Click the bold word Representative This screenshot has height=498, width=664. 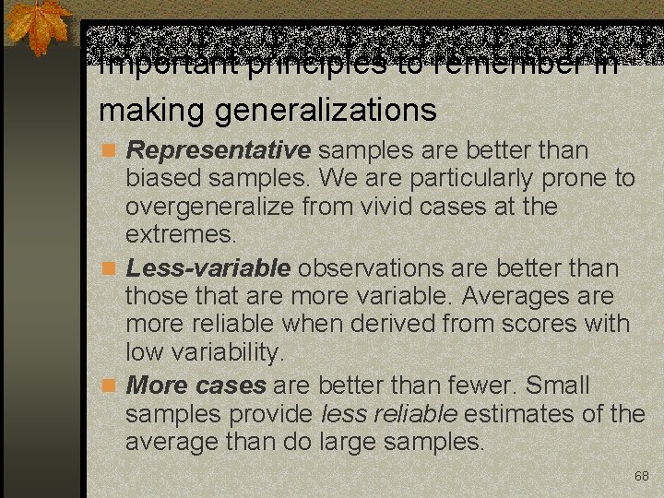pos(219,150)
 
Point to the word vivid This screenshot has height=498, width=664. pos(416,206)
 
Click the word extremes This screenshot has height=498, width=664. pos(181,234)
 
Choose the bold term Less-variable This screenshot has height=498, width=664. pos(208,268)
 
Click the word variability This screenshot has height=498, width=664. pos(227,353)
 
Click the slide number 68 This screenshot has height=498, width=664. pos(642,476)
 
